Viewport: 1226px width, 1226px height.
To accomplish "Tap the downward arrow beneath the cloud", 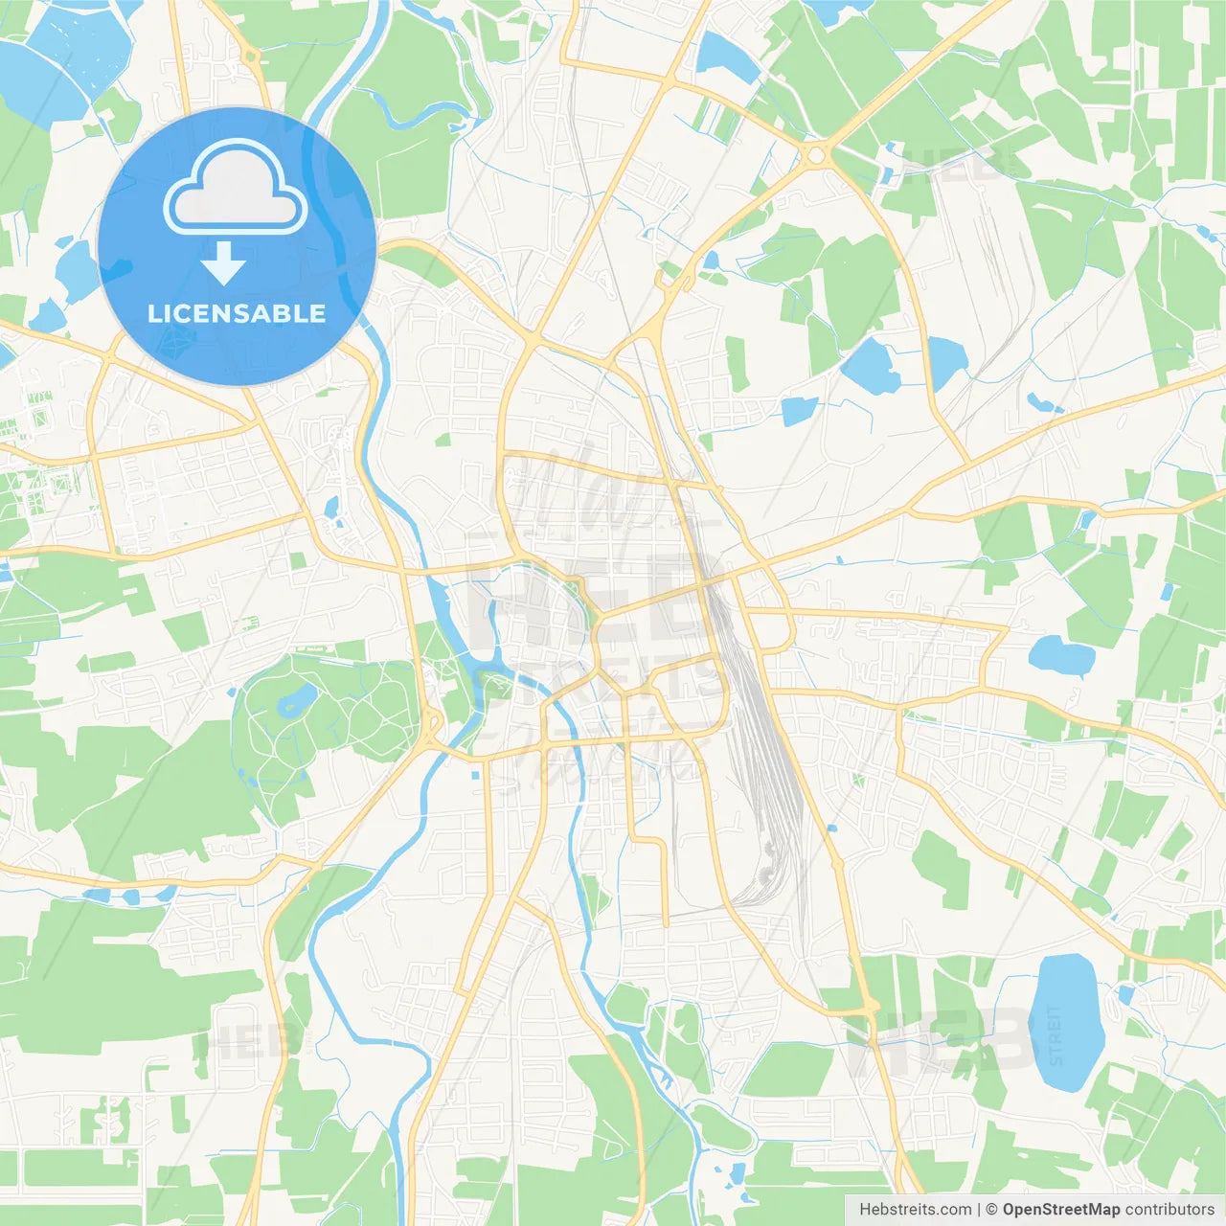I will click(223, 262).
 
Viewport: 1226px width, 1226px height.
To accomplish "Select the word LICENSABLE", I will click(237, 313).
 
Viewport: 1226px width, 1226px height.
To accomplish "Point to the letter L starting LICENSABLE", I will click(153, 313).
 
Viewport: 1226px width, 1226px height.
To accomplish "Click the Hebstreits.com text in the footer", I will click(915, 1210).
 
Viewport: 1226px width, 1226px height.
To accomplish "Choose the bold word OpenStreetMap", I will click(1061, 1210).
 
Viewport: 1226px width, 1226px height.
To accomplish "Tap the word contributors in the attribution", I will click(1169, 1210).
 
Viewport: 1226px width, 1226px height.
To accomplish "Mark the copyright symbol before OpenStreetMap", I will click(991, 1210).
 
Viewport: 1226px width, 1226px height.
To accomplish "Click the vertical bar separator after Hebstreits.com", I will click(979, 1210).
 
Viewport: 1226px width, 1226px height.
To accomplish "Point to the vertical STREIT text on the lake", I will click(1056, 1034).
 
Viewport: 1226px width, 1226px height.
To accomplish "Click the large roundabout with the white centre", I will click(816, 154).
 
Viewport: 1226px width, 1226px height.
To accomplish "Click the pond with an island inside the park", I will click(296, 700).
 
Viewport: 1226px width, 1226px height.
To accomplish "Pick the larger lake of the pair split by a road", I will click(871, 366).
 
